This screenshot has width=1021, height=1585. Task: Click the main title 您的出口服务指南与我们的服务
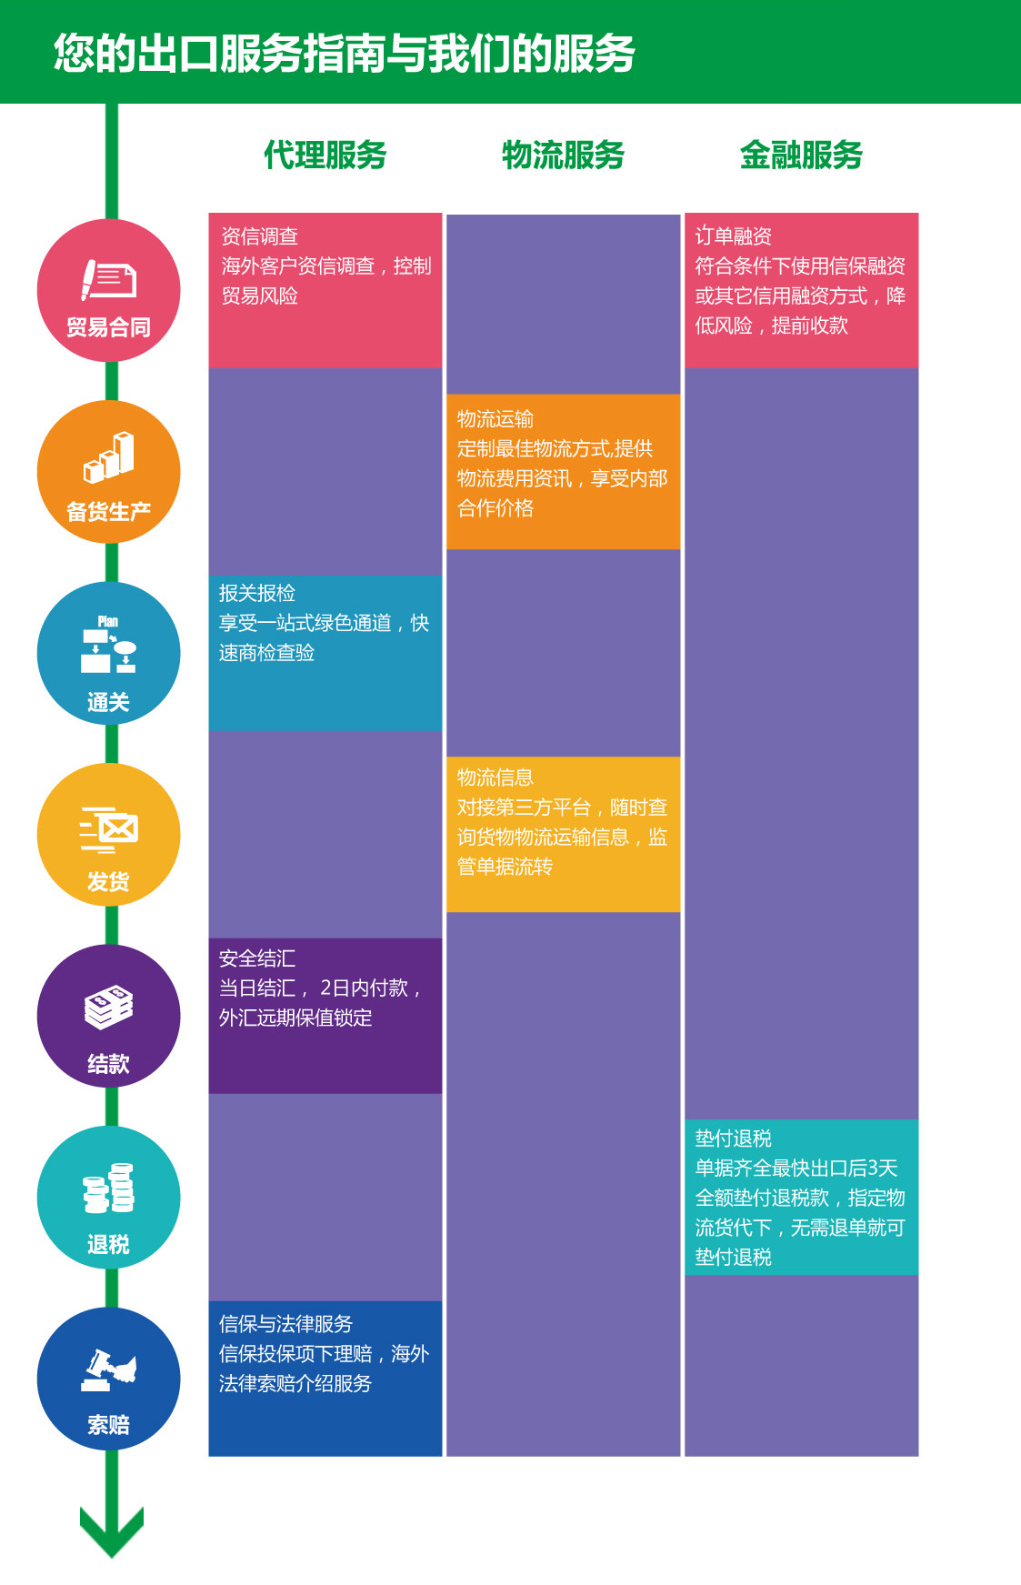click(x=344, y=54)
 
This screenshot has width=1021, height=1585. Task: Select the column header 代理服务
click(x=325, y=155)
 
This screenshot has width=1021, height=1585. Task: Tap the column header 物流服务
click(x=563, y=155)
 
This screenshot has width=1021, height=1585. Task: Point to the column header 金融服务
click(x=801, y=155)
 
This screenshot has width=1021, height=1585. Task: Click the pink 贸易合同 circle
click(x=108, y=291)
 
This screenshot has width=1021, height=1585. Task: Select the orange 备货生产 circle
click(x=108, y=472)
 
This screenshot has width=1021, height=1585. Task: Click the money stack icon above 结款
click(x=109, y=1007)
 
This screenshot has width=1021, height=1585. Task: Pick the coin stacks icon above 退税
click(x=109, y=1188)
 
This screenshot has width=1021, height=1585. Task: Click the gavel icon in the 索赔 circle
click(x=109, y=1369)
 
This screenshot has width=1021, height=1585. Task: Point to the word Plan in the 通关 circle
click(x=108, y=621)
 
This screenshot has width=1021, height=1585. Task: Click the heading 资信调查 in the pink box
click(x=260, y=236)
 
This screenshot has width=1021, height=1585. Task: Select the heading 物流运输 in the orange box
click(x=495, y=419)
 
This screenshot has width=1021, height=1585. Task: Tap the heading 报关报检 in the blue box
click(x=257, y=593)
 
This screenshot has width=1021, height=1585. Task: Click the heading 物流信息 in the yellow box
click(x=495, y=777)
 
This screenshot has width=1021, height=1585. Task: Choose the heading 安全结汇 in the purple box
click(x=257, y=958)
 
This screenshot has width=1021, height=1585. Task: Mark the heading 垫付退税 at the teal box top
click(x=734, y=1139)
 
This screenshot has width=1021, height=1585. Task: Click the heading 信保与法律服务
click(x=285, y=1324)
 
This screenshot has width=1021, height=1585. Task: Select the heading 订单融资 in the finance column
click(x=734, y=236)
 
